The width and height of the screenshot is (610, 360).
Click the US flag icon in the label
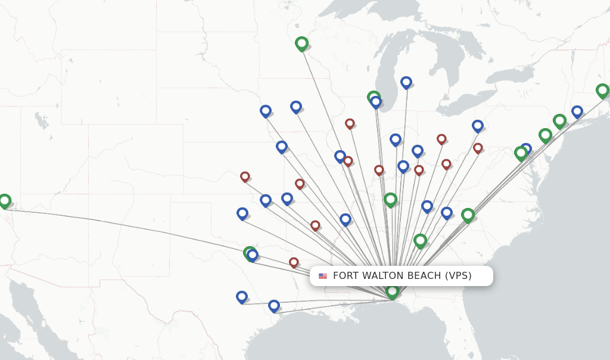pyautogui.click(x=323, y=276)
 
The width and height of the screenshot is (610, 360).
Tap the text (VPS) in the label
pyautogui.click(x=458, y=275)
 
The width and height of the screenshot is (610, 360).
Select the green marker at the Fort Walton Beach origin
pyautogui.click(x=392, y=291)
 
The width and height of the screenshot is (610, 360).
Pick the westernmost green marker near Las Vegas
pyautogui.click(x=5, y=200)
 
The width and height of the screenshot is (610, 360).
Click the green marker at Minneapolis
pyautogui.click(x=301, y=43)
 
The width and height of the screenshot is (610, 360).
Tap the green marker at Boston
pyautogui.click(x=602, y=91)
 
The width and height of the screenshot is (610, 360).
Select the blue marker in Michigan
pyautogui.click(x=406, y=82)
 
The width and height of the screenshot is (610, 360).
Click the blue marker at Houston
pyautogui.click(x=274, y=305)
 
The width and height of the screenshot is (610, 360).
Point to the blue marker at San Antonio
pyautogui.click(x=241, y=296)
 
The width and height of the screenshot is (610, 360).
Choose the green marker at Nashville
pyautogui.click(x=390, y=199)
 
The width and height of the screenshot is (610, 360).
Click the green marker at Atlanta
pyautogui.click(x=420, y=240)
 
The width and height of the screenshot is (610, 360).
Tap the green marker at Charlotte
pyautogui.click(x=468, y=215)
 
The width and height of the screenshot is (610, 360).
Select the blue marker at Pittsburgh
pyautogui.click(x=478, y=125)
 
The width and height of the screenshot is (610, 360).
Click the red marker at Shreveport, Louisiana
pyautogui.click(x=294, y=262)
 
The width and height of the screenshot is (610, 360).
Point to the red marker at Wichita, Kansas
pyautogui.click(x=245, y=176)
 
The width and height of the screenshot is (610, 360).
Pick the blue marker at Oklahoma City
pyautogui.click(x=242, y=213)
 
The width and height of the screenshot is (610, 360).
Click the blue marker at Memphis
pyautogui.click(x=346, y=219)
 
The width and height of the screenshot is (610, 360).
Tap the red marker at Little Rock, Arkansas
pyautogui.click(x=315, y=225)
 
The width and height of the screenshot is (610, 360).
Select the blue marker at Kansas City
pyautogui.click(x=282, y=146)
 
